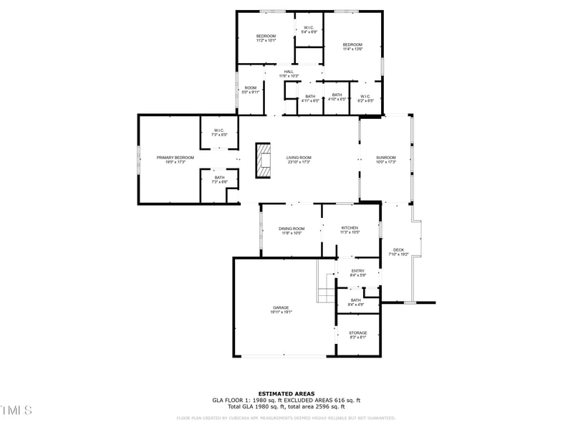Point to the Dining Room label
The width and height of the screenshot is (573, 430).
292,230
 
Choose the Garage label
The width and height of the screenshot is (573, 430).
281,309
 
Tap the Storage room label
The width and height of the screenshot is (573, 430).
358,334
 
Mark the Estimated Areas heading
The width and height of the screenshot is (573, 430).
286,393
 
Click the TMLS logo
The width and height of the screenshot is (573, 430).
16,410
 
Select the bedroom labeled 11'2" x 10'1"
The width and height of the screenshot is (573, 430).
266,38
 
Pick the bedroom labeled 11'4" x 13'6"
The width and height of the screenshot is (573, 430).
352,47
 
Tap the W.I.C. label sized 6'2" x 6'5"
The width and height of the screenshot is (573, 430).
365,97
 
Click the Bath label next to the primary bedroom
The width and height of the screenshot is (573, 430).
219,179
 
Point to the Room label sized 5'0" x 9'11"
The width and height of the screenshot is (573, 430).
250,90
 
